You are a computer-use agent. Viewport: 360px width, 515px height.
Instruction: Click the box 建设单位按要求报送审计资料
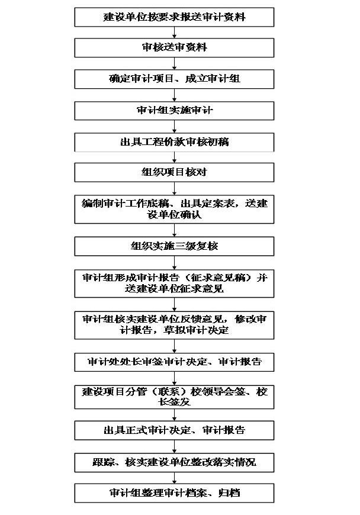tap(174, 17)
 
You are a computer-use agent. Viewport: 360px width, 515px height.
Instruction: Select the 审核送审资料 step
tap(174, 47)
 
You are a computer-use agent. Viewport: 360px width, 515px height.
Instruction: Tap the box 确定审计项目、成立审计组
tap(174, 78)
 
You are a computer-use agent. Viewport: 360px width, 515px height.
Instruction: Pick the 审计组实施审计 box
tap(174, 110)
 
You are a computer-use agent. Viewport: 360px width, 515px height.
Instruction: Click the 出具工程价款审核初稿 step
tap(174, 142)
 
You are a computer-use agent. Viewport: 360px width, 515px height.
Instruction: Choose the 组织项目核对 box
tap(174, 173)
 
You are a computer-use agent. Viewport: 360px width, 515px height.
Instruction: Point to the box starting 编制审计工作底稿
tap(174, 209)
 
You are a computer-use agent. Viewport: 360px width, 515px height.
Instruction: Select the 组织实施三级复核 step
tap(174, 246)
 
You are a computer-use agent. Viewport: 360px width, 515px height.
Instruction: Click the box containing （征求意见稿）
tap(174, 283)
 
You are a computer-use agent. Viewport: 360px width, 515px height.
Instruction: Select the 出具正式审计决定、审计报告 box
tap(174, 430)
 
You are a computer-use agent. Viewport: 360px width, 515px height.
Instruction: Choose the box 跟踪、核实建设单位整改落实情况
tap(174, 461)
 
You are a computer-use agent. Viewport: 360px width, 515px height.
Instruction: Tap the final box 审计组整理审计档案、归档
tap(174, 493)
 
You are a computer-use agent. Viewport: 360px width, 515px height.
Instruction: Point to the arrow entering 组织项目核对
tap(174, 157)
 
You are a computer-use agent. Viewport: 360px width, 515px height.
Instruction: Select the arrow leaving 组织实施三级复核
tap(174, 262)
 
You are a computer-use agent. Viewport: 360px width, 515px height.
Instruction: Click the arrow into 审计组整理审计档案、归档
tap(174, 477)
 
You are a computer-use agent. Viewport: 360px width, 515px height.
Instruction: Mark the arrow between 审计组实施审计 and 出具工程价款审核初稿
tap(174, 126)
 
